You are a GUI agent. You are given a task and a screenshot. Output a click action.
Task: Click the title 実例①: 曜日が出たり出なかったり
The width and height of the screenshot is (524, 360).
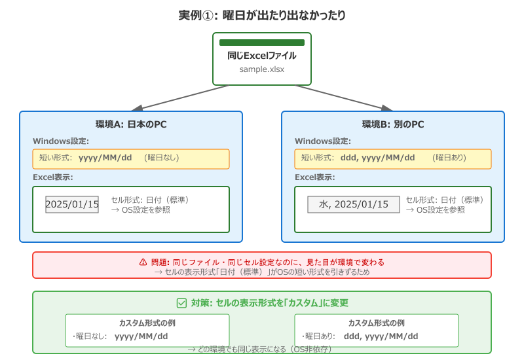(x=262, y=14)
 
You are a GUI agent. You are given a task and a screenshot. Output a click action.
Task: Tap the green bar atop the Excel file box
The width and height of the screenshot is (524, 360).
(x=262, y=43)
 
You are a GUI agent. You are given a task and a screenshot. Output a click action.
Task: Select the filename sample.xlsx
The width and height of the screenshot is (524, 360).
(x=262, y=69)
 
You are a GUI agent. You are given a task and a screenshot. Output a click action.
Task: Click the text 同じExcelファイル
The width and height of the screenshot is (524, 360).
(x=262, y=56)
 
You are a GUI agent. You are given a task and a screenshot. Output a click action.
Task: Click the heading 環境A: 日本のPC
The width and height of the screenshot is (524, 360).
(x=131, y=124)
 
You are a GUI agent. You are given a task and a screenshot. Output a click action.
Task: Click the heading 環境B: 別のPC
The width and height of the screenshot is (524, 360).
(x=393, y=124)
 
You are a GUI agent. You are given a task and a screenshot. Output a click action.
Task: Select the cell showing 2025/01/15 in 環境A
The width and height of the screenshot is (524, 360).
(x=72, y=204)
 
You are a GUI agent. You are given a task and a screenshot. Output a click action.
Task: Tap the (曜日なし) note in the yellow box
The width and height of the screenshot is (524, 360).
(x=162, y=158)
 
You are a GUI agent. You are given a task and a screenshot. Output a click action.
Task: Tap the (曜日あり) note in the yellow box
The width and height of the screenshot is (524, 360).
(x=449, y=158)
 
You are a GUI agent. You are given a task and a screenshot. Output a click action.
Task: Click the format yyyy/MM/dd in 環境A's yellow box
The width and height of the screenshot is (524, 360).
(x=105, y=158)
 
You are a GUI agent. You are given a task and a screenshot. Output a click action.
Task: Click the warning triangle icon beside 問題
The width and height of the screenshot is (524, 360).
(x=143, y=262)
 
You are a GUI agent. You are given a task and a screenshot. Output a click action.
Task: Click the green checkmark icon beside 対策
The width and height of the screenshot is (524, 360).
(x=182, y=303)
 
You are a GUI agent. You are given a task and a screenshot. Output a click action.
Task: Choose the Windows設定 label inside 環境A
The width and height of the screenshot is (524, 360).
(x=61, y=141)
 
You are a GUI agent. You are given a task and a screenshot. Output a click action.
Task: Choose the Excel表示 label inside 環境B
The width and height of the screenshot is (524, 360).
(x=315, y=177)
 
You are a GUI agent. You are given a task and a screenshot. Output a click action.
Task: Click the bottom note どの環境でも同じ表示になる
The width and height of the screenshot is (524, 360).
(x=262, y=350)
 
